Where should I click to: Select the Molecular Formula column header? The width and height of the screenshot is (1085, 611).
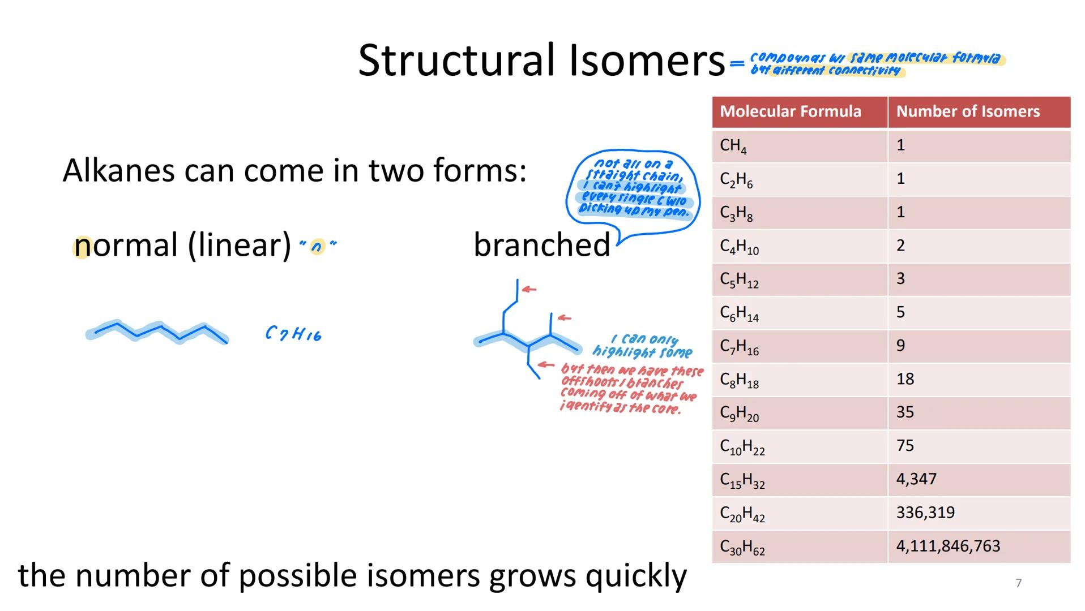pyautogui.click(x=790, y=111)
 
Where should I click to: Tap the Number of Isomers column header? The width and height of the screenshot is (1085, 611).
pyautogui.click(x=967, y=111)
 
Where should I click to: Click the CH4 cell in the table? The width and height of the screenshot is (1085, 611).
pyautogui.click(x=733, y=146)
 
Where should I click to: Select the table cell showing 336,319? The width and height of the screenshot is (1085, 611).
pyautogui.click(x=925, y=513)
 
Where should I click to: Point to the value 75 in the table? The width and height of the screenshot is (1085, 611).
pyautogui.click(x=905, y=446)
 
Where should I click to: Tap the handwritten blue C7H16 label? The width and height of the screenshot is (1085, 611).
pyautogui.click(x=293, y=333)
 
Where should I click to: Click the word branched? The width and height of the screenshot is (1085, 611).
pyautogui.click(x=541, y=245)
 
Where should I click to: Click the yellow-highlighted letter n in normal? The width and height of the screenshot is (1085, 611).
pyautogui.click(x=82, y=246)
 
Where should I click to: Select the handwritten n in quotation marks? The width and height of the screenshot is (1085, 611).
pyautogui.click(x=317, y=246)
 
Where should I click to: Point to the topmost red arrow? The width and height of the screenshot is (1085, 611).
pyautogui.click(x=529, y=289)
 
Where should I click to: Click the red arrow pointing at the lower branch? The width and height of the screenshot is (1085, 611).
pyautogui.click(x=546, y=365)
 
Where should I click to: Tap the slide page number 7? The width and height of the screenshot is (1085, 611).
pyautogui.click(x=1018, y=583)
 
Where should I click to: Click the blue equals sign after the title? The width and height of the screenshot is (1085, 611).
pyautogui.click(x=737, y=63)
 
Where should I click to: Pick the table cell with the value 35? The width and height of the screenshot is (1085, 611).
pyautogui.click(x=905, y=412)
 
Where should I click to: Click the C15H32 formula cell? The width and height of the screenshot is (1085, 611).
pyautogui.click(x=742, y=480)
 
